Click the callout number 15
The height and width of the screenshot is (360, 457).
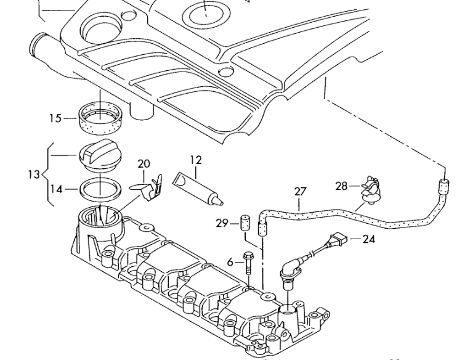click(55, 118)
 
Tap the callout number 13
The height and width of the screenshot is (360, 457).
click(34, 174)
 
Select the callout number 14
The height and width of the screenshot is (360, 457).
click(56, 189)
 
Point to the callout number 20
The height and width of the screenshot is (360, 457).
click(144, 163)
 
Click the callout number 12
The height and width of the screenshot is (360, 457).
click(196, 160)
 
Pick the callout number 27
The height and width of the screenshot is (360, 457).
click(300, 192)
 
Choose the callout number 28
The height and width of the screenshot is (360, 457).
click(342, 186)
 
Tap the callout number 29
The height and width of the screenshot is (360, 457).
click(222, 224)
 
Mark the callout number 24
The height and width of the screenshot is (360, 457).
click(369, 239)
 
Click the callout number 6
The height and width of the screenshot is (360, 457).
click(230, 263)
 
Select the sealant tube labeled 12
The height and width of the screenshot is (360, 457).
click(198, 189)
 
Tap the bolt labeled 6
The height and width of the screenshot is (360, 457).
click(248, 263)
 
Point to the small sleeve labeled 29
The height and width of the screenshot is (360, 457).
click(245, 223)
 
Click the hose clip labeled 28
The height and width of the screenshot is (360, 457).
click(371, 190)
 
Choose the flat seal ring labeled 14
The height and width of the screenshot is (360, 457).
click(100, 189)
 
